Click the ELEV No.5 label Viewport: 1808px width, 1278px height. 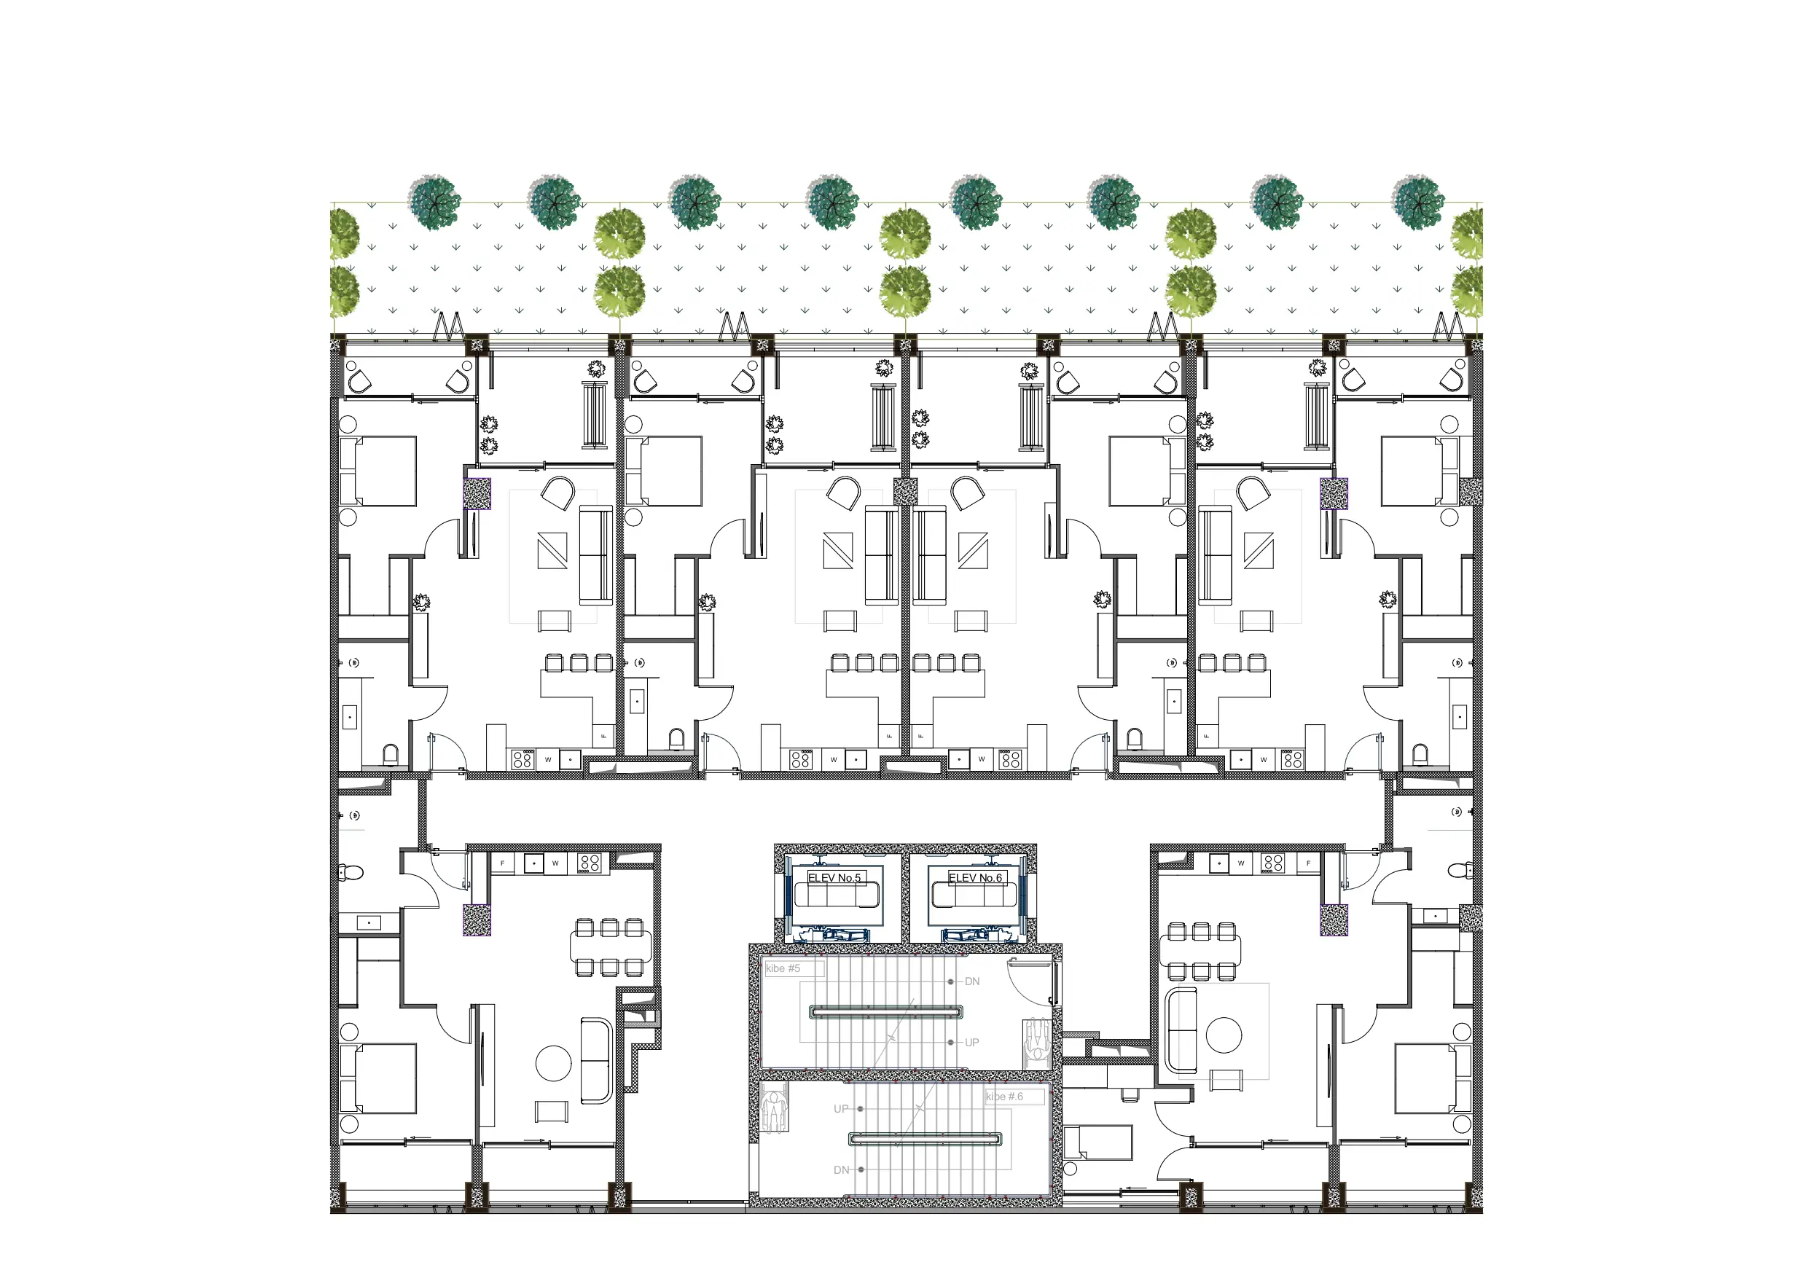click(834, 877)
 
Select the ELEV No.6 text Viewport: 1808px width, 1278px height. click(975, 877)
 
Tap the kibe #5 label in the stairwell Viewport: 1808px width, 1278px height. click(783, 968)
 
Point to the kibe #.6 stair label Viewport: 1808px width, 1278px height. click(1004, 1096)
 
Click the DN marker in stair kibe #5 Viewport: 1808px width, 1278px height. click(971, 982)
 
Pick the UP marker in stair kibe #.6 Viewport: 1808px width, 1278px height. click(841, 1109)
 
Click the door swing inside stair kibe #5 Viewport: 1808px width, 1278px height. click(1032, 980)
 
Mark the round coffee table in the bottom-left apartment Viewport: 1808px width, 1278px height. click(553, 1063)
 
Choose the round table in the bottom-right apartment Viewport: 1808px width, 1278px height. click(1224, 1035)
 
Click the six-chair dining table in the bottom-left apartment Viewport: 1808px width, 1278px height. click(609, 947)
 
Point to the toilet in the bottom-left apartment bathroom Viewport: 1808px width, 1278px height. click(351, 871)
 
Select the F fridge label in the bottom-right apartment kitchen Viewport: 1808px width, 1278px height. click(1308, 863)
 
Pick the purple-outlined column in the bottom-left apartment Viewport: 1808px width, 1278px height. click(477, 920)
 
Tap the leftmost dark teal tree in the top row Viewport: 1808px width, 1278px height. click(434, 202)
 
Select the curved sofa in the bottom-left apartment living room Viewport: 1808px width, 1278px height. click(596, 1060)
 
